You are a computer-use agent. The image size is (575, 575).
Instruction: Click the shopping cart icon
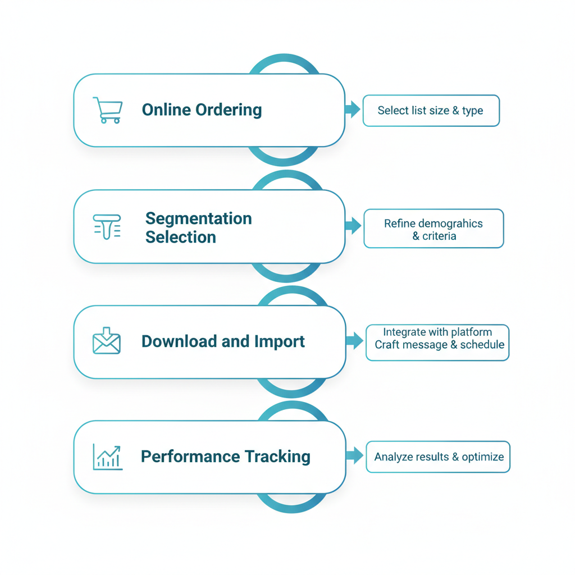tap(107, 109)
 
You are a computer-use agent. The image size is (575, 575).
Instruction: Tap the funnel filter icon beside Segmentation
tap(107, 226)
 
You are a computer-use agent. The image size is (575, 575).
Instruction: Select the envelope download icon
tap(107, 341)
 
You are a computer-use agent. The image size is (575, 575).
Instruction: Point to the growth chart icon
tap(107, 457)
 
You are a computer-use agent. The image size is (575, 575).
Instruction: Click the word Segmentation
tap(198, 218)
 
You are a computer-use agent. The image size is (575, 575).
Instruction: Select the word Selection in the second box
tap(180, 237)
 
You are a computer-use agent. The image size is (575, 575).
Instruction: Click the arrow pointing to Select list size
tap(352, 110)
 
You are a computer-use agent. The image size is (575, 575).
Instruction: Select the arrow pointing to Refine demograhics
tap(353, 226)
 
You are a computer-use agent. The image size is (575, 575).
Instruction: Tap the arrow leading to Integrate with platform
tap(354, 340)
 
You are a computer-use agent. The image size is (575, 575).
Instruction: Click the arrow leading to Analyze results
tap(354, 455)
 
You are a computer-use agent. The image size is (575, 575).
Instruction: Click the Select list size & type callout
tap(431, 111)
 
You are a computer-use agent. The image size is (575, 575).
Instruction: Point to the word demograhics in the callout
tap(449, 223)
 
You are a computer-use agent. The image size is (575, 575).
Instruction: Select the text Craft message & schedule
tap(439, 345)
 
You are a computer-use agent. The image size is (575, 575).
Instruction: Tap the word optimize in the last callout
tap(482, 457)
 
